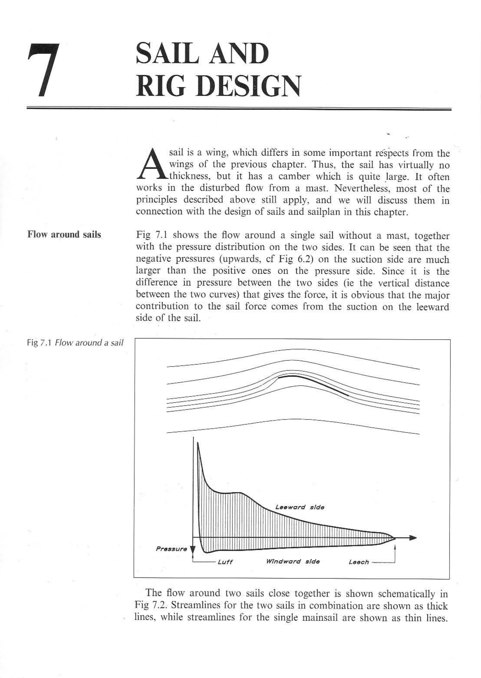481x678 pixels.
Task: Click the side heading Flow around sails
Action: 64,235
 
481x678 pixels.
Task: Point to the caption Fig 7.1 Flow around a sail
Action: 75,343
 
